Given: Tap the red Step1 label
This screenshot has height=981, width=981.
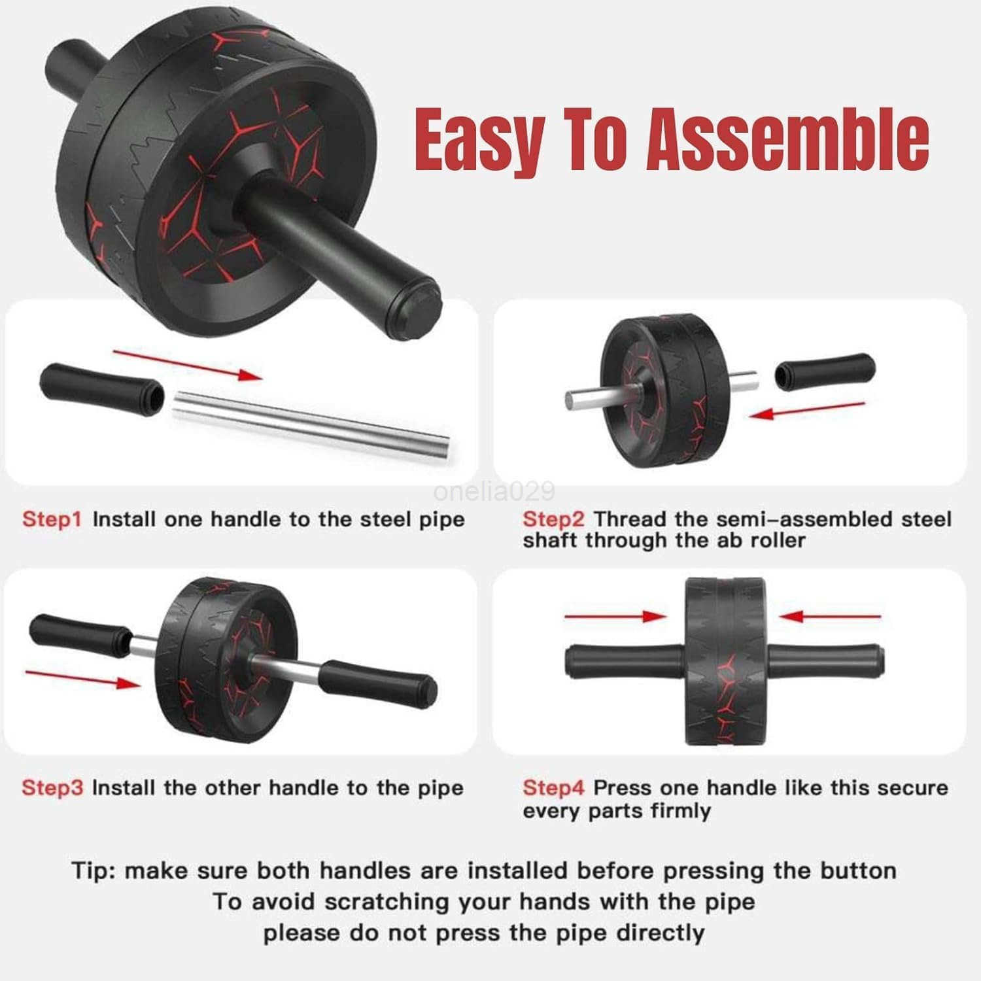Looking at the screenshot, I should pyautogui.click(x=52, y=519).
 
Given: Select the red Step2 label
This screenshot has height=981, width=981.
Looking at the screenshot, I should pyautogui.click(x=553, y=519).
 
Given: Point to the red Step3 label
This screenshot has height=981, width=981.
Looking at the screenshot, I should pyautogui.click(x=52, y=787).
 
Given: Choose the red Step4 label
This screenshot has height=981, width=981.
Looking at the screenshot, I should pyautogui.click(x=553, y=787).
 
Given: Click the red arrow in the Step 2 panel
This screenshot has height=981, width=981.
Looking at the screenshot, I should pyautogui.click(x=808, y=409).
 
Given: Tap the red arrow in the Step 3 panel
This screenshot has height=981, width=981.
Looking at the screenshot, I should pyautogui.click(x=82, y=678).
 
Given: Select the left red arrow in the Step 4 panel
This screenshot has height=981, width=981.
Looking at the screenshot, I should pyautogui.click(x=615, y=616).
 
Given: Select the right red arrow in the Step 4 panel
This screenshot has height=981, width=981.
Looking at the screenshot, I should pyautogui.click(x=831, y=616).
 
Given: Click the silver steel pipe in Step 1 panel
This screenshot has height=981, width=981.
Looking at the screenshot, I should pyautogui.click(x=311, y=425).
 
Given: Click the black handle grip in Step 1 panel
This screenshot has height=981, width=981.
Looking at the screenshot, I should pyautogui.click(x=102, y=388).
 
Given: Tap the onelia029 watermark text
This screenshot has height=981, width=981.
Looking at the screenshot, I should pyautogui.click(x=494, y=490).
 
